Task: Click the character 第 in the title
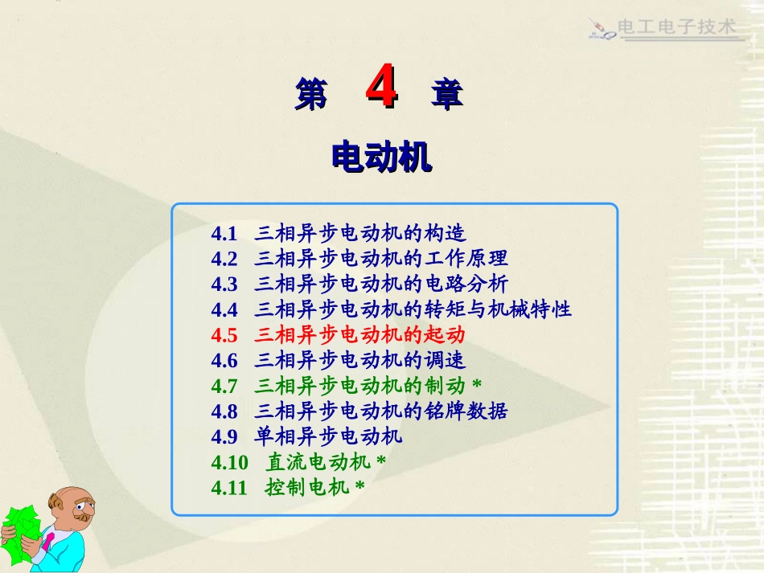(311, 95)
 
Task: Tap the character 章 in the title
(447, 95)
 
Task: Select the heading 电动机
(381, 157)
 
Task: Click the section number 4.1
(224, 234)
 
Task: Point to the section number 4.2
(224, 259)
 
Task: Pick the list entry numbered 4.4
(391, 309)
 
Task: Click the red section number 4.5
(224, 334)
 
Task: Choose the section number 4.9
(224, 436)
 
